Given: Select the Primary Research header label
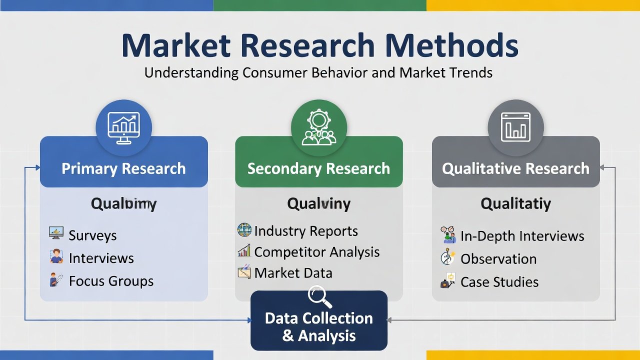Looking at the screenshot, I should (x=123, y=168).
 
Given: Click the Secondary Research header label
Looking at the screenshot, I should (x=318, y=168).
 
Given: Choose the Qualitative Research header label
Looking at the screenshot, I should (x=515, y=168).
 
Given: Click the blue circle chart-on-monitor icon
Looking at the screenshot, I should (x=123, y=127).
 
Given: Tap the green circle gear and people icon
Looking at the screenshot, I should (x=318, y=127).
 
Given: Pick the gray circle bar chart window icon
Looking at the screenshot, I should (x=515, y=127).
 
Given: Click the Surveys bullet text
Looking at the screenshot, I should (x=92, y=235).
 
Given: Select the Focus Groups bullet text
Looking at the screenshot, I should (x=111, y=281).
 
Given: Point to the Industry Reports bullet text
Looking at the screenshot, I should (x=306, y=231).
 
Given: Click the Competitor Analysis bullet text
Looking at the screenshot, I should (x=317, y=252).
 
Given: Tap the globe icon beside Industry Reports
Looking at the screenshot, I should (x=244, y=230).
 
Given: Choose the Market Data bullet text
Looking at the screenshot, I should (x=293, y=273).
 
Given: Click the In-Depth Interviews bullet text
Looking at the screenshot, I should (x=522, y=236).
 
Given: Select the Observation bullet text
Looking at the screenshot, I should (x=498, y=259).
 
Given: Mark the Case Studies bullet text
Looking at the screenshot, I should (x=499, y=282).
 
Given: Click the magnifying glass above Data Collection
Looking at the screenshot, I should (x=319, y=296).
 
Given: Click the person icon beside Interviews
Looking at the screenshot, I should (x=56, y=257).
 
